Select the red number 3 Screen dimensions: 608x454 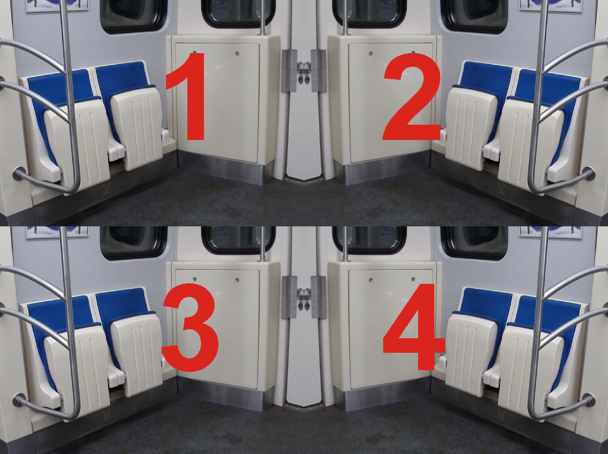(x=190, y=327)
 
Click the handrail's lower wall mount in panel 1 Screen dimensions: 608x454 (x=19, y=174)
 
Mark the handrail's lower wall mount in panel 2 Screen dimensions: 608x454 (x=589, y=174)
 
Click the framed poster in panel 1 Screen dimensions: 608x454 (x=57, y=6)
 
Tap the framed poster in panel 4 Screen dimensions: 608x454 (x=551, y=232)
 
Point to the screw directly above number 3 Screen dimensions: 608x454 (x=195, y=279)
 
